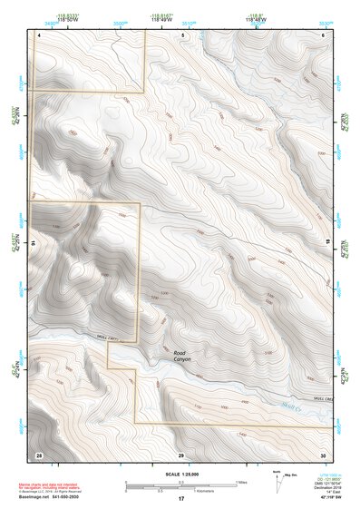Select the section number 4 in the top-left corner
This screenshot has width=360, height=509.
[39, 34]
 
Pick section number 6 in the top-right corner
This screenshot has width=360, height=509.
[324, 34]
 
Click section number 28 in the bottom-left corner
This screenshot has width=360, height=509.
[39, 453]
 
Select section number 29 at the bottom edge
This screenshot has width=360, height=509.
[181, 453]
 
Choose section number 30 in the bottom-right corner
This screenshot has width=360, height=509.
[323, 453]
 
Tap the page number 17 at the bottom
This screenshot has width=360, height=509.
[181, 499]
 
